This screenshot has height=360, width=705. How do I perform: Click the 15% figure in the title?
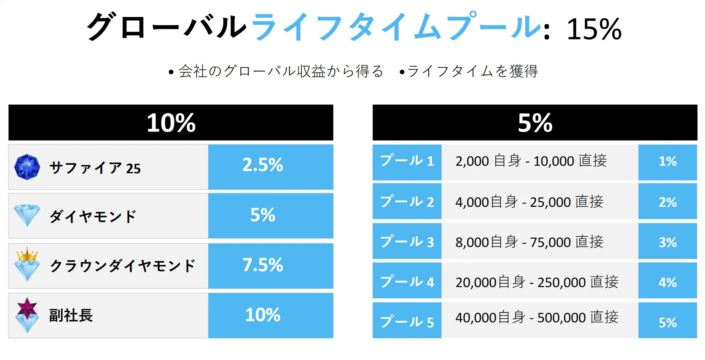pyautogui.click(x=594, y=29)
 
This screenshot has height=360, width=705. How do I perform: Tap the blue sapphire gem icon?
pyautogui.click(x=27, y=167)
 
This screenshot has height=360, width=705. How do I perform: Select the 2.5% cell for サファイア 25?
pyautogui.click(x=271, y=167)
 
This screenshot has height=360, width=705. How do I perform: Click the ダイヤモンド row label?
pyautogui.click(x=93, y=216)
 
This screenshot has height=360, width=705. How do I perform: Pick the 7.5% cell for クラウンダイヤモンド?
pyautogui.click(x=271, y=266)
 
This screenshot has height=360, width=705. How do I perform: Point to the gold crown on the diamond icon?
pyautogui.click(x=27, y=254)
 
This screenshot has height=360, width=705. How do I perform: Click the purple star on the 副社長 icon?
pyautogui.click(x=27, y=307)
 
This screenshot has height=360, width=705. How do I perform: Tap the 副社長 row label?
pyautogui.click(x=71, y=315)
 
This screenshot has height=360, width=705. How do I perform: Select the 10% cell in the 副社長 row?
pyautogui.click(x=271, y=316)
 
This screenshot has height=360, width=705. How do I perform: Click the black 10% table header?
pyautogui.click(x=171, y=122)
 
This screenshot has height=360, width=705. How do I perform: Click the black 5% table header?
pyautogui.click(x=535, y=122)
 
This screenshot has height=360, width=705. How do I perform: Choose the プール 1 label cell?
pyautogui.click(x=407, y=162)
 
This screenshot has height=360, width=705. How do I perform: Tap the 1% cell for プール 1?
pyautogui.click(x=668, y=162)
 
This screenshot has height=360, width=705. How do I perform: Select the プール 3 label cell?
pyautogui.click(x=407, y=242)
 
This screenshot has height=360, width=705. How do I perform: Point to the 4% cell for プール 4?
pyautogui.click(x=668, y=281)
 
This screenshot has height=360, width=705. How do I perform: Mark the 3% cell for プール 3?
pyautogui.click(x=668, y=242)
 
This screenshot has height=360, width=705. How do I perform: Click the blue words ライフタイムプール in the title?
pyautogui.click(x=397, y=27)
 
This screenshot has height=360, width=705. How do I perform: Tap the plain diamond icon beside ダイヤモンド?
pyautogui.click(x=27, y=215)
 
